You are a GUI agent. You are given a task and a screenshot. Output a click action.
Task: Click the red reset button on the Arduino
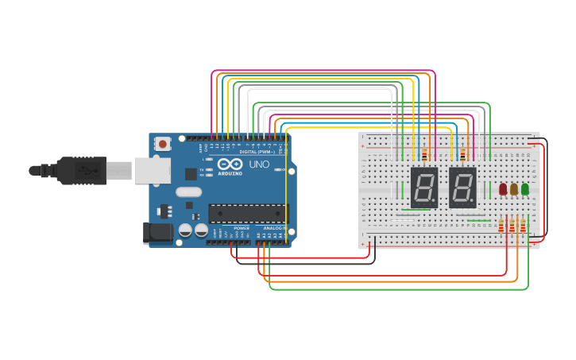coord(163,144)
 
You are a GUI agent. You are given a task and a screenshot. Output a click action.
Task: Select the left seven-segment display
coord(424,188)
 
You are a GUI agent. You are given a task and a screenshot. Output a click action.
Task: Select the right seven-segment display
coord(462,188)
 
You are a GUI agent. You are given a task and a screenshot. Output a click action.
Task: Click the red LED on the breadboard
coord(503,189)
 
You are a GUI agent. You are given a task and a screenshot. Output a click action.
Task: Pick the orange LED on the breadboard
coord(514,189)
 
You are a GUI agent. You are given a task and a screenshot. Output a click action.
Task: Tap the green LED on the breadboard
coord(525,189)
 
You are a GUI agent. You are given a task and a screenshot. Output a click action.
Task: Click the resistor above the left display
coord(424,154)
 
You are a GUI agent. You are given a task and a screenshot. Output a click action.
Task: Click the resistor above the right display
coord(462,154)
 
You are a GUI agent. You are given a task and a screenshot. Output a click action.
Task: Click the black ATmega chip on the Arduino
coord(248,213)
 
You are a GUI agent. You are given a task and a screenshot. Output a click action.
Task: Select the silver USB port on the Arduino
coord(151,170)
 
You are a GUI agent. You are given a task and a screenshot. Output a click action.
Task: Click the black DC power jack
coord(156,232)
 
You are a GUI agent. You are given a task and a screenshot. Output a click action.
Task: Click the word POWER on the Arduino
coord(242,228)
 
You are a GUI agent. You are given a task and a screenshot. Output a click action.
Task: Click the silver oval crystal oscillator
coord(189,192)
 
